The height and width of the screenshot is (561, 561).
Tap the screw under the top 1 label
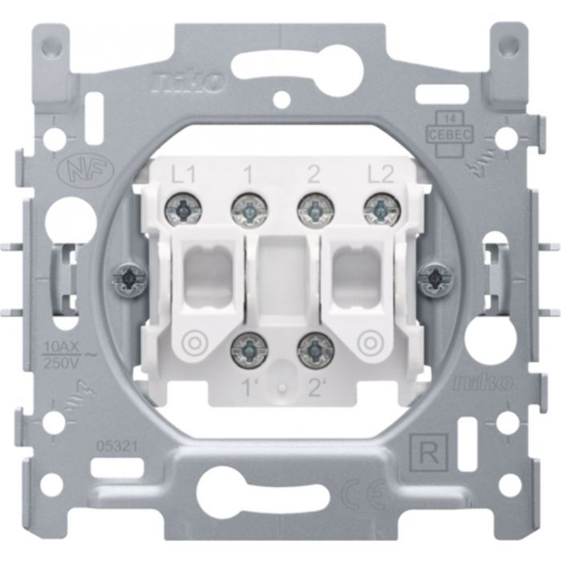tap(248, 211)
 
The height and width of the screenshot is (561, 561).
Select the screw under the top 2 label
tap(313, 211)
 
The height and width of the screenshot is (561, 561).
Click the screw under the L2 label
tap(379, 211)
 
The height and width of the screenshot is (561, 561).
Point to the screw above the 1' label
tap(248, 346)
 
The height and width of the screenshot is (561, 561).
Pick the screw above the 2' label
tap(313, 346)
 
